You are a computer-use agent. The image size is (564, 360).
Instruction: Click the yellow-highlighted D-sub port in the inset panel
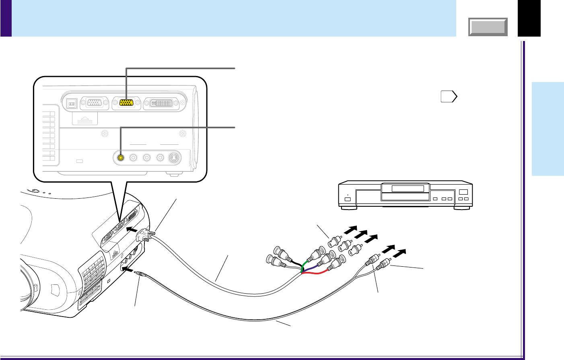point(127,103)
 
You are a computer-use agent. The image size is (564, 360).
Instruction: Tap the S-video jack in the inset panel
point(174,157)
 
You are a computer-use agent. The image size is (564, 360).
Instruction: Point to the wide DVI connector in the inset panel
point(163,103)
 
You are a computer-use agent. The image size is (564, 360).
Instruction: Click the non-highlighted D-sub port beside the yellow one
point(95,103)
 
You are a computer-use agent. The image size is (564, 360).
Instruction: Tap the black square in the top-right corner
point(529,18)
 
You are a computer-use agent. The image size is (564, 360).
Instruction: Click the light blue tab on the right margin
point(548,129)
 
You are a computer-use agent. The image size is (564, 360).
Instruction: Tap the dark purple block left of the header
point(6,18)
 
